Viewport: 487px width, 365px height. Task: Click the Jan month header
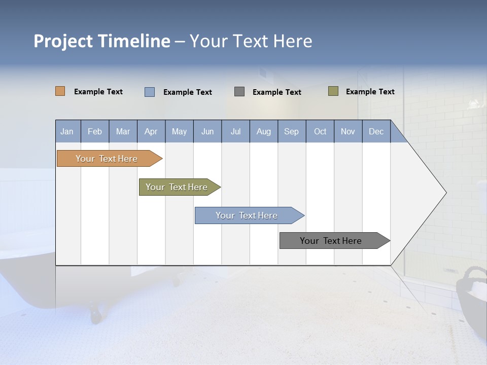[x=67, y=131]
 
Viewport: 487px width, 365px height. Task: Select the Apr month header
[x=151, y=131]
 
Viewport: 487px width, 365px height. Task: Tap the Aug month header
[x=263, y=131]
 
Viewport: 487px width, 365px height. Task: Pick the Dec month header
[x=376, y=131]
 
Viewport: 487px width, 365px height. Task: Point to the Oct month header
[x=320, y=131]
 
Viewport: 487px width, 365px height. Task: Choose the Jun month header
[x=207, y=131]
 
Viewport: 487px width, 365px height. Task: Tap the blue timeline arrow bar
[x=247, y=215]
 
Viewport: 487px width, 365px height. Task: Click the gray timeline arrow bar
[x=331, y=241]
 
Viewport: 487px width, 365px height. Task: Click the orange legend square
[x=60, y=91]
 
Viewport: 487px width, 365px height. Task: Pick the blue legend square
[x=149, y=92]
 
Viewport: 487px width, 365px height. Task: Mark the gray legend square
[x=239, y=92]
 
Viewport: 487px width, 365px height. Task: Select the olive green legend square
[x=333, y=91]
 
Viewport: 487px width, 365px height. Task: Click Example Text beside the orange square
[x=98, y=92]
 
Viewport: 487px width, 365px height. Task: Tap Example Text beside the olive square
[x=370, y=92]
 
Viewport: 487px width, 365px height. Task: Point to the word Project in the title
[x=63, y=41]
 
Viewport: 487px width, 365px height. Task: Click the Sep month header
[x=291, y=131]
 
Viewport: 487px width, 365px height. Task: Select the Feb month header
[x=94, y=131]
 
